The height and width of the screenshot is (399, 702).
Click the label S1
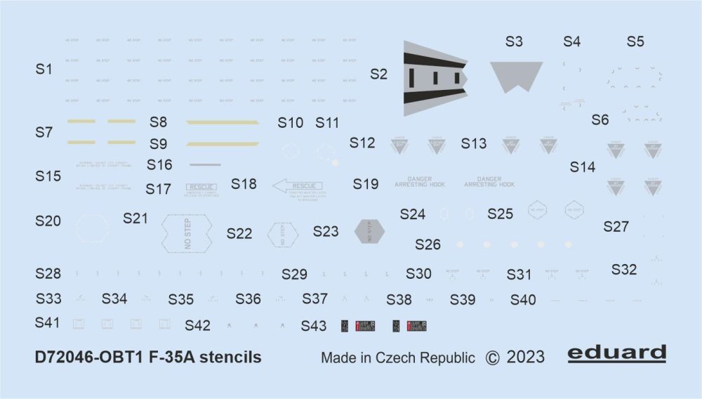pyautogui.click(x=44, y=70)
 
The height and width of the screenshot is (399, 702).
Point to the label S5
pyautogui.click(x=635, y=42)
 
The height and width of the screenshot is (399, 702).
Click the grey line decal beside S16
pyautogui.click(x=205, y=165)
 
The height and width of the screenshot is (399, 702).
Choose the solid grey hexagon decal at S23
pyautogui.click(x=370, y=230)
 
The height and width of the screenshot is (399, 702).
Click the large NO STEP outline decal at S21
pyautogui.click(x=186, y=232)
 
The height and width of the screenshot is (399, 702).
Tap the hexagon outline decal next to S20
pyautogui.click(x=93, y=228)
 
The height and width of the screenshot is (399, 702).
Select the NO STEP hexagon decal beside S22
pyautogui.click(x=283, y=233)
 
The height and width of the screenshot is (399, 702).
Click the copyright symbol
pyautogui.click(x=493, y=357)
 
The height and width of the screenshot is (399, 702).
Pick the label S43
pyautogui.click(x=314, y=326)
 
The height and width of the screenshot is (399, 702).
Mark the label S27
pyautogui.click(x=616, y=227)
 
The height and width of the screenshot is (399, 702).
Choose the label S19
pyautogui.click(x=366, y=185)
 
